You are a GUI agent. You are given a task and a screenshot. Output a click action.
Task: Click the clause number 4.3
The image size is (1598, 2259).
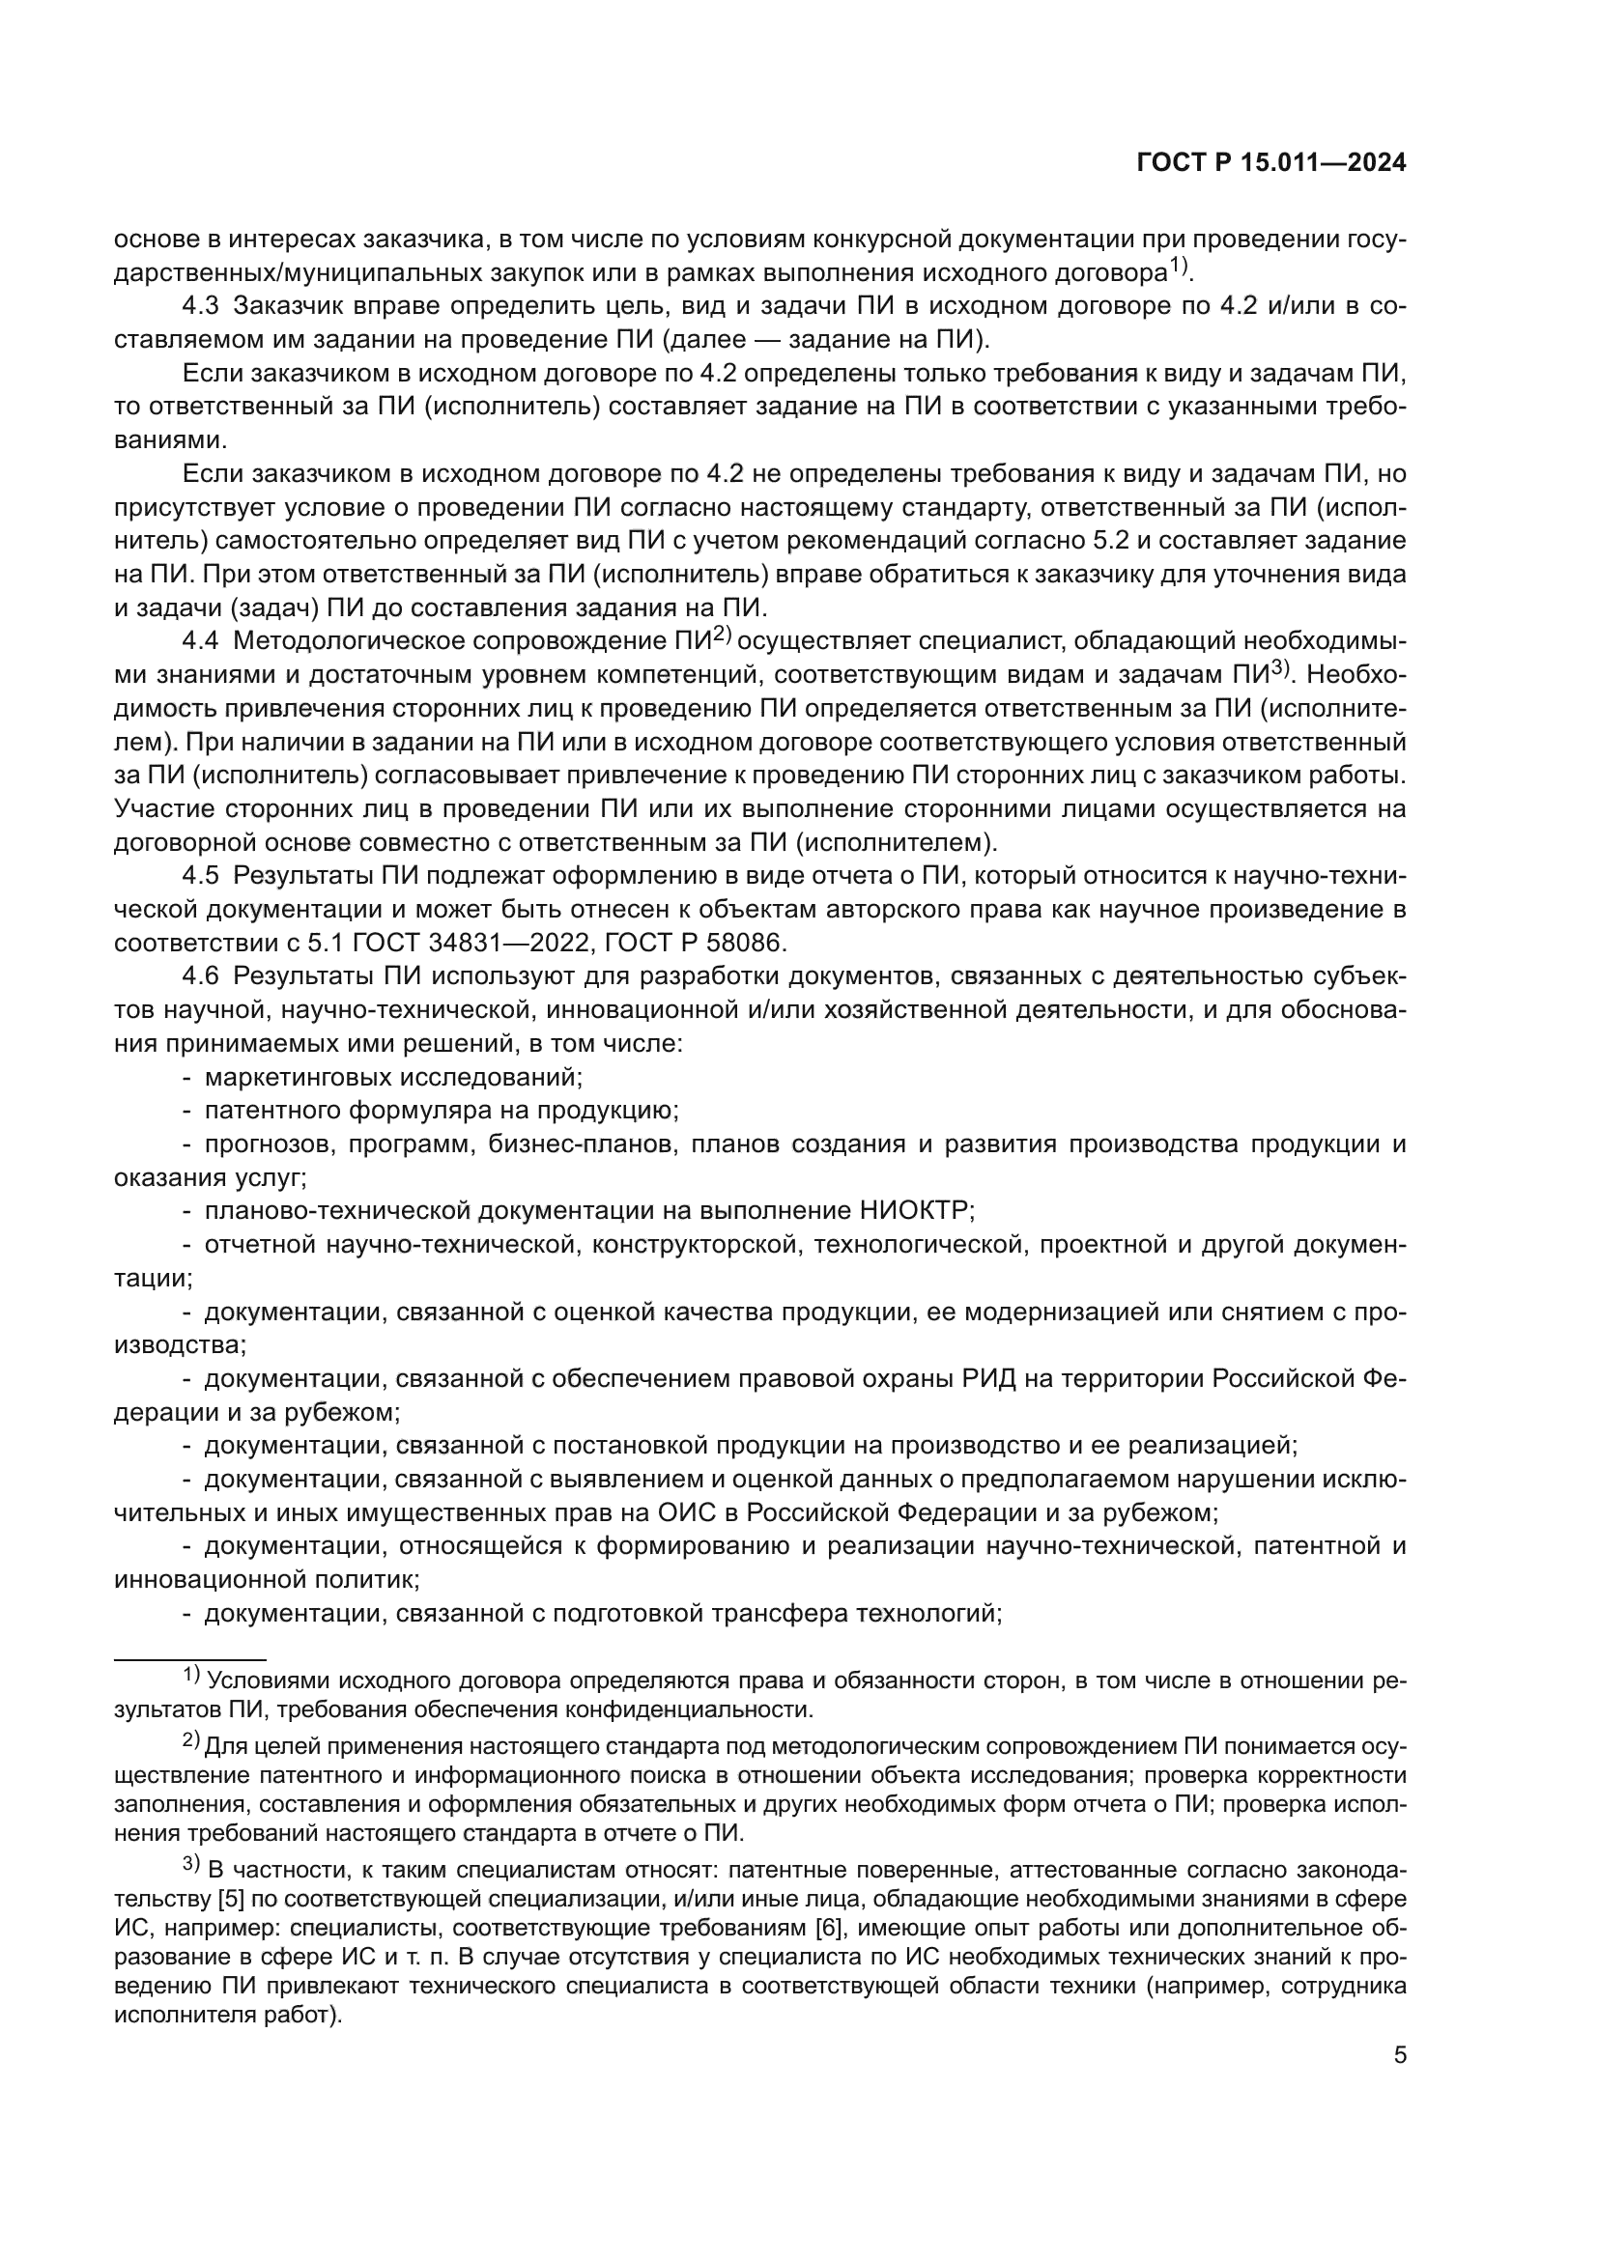click(x=200, y=306)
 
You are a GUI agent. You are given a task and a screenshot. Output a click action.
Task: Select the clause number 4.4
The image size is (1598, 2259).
click(x=200, y=641)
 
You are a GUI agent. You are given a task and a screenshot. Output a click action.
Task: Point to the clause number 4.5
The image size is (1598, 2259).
click(x=200, y=876)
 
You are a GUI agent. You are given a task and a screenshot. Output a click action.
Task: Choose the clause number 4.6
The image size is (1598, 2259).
click(x=200, y=976)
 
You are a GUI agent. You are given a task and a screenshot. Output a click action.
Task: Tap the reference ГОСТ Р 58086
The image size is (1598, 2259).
click(x=695, y=943)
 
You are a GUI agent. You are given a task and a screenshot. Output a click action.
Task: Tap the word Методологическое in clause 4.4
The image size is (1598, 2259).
click(x=349, y=641)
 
